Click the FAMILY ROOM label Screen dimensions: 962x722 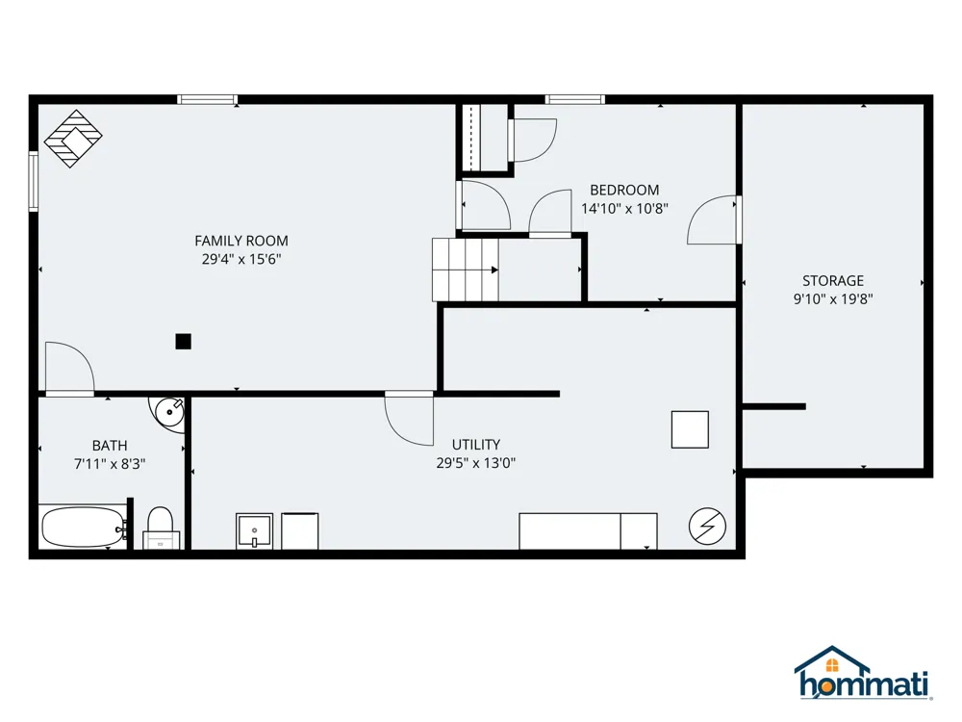pyautogui.click(x=241, y=241)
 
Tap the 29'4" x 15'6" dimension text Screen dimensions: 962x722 pyautogui.click(x=241, y=259)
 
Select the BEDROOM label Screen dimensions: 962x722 pyautogui.click(x=624, y=191)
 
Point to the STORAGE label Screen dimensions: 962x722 pyautogui.click(x=833, y=280)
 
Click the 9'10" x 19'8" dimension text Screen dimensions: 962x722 pyautogui.click(x=833, y=299)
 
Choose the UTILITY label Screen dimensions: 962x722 pyautogui.click(x=476, y=445)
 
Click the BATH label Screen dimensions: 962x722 pyautogui.click(x=110, y=446)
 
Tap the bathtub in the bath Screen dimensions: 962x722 pyautogui.click(x=84, y=528)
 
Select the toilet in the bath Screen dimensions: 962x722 pyautogui.click(x=161, y=528)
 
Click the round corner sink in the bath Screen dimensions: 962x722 pyautogui.click(x=168, y=412)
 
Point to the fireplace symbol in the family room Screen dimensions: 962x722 pyautogui.click(x=73, y=139)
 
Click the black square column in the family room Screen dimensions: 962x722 pyautogui.click(x=183, y=342)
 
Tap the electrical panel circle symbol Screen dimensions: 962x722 pyautogui.click(x=707, y=527)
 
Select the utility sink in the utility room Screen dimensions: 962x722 pyautogui.click(x=254, y=531)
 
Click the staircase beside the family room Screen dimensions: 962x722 pyautogui.click(x=466, y=270)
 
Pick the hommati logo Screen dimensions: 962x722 pyautogui.click(x=863, y=673)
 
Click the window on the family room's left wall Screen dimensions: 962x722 pyautogui.click(x=33, y=182)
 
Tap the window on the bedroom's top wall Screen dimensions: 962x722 pyautogui.click(x=575, y=99)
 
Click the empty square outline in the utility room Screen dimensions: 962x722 pyautogui.click(x=690, y=429)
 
